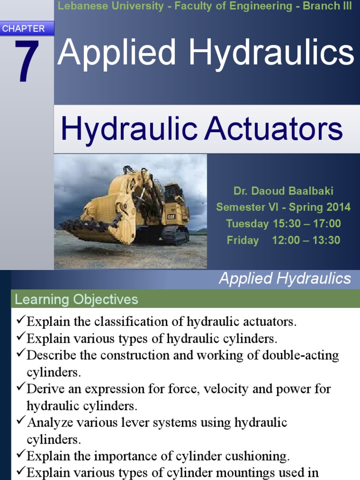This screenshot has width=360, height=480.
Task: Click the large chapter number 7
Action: tap(26, 61)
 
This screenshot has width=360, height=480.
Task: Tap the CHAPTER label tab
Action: tap(23, 29)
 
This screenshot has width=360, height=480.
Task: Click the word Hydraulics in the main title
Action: tap(272, 52)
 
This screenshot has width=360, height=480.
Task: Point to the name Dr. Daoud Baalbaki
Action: tap(283, 191)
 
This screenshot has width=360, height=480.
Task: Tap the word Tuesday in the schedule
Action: tap(247, 224)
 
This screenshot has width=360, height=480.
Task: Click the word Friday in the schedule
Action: tap(243, 240)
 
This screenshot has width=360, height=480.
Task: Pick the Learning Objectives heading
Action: tap(76, 299)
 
